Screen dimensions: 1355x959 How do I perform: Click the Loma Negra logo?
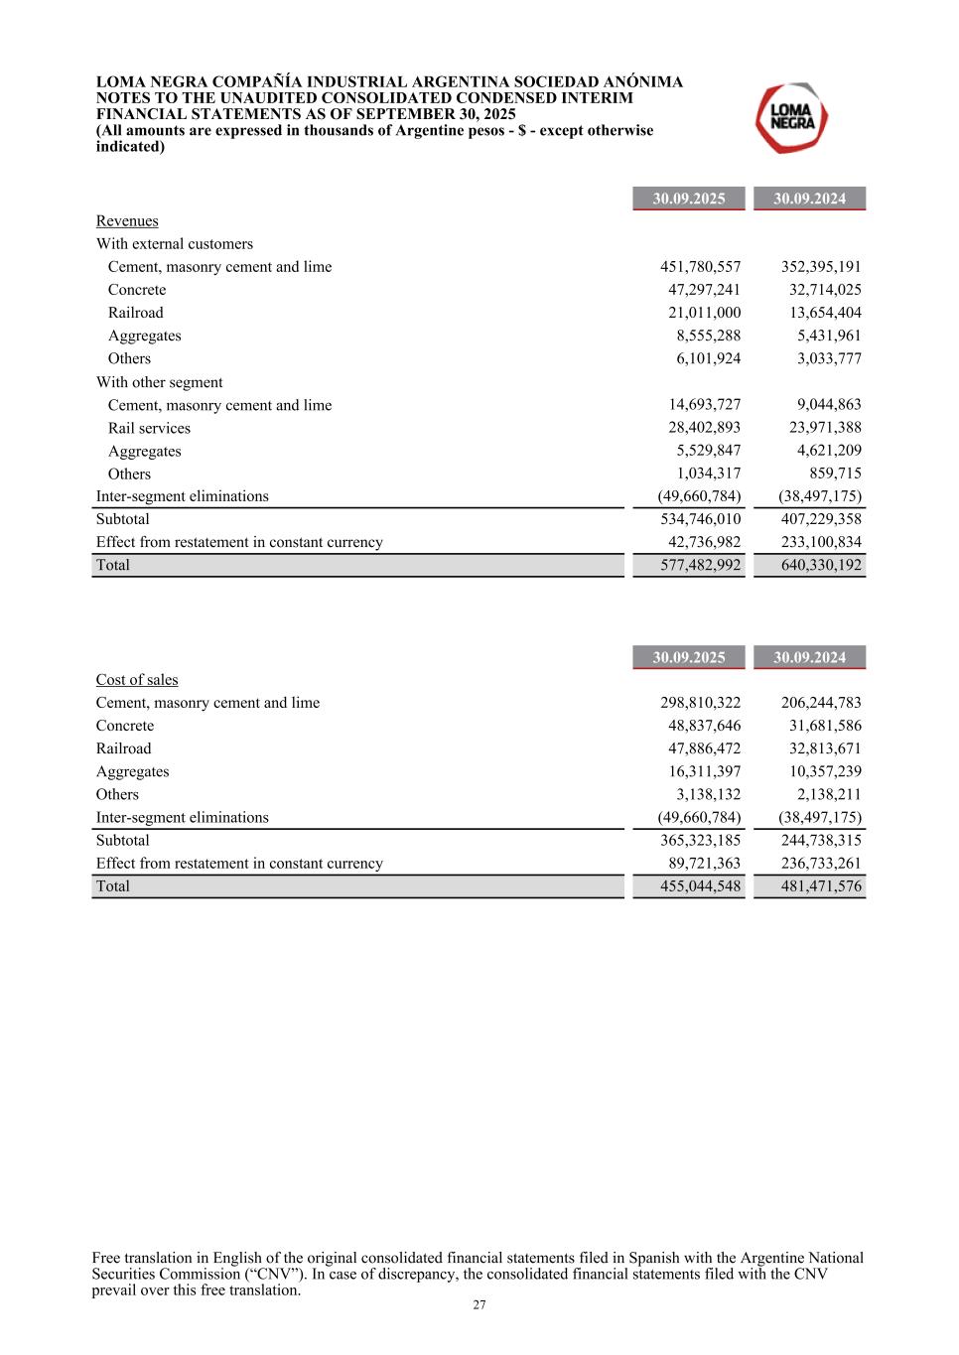tap(792, 118)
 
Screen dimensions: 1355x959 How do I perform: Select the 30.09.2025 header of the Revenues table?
tap(688, 199)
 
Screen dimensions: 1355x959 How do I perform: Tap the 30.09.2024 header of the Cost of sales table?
tap(809, 657)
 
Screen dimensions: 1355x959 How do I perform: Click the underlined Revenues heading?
tap(127, 221)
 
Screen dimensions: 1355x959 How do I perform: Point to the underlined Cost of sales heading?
tap(137, 680)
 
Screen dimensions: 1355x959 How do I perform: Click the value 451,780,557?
tap(700, 267)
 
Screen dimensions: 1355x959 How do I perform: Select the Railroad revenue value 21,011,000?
tap(704, 313)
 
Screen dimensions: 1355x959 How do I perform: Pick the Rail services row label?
tap(149, 429)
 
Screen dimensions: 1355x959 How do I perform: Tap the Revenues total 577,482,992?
tap(700, 565)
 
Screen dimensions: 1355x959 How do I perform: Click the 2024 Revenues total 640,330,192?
tap(821, 565)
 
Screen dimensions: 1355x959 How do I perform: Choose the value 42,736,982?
tap(704, 542)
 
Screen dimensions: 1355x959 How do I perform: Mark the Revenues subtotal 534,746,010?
tap(700, 519)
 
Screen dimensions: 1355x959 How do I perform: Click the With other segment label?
tap(159, 382)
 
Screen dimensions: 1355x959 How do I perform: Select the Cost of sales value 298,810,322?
tap(700, 703)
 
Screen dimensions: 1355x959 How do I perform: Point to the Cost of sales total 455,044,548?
tap(700, 886)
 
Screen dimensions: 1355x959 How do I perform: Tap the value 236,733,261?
tap(821, 864)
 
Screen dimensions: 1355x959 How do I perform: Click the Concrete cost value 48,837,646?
tap(704, 726)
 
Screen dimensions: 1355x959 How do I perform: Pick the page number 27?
tap(479, 1305)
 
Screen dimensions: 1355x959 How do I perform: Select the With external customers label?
tap(174, 244)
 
